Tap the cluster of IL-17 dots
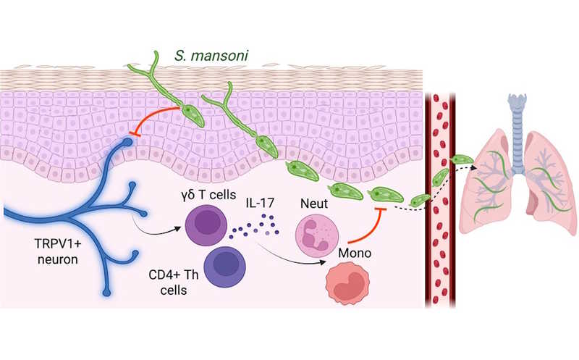pos(255,226)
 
